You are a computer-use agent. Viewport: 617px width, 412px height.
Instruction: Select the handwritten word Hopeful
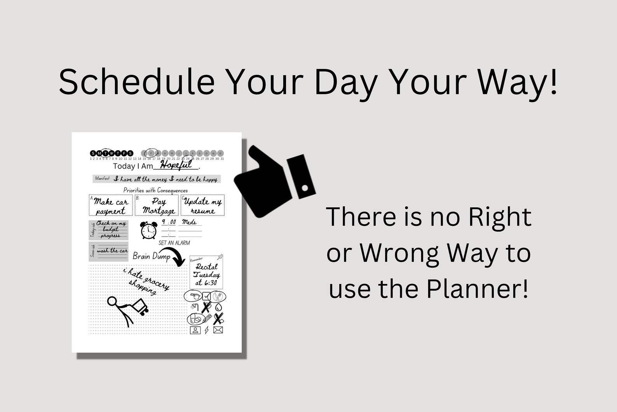coord(176,165)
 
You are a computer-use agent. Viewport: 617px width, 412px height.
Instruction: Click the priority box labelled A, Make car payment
coord(111,205)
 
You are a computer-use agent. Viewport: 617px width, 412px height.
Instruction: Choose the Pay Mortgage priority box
coord(157,205)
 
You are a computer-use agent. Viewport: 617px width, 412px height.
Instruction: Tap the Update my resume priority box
coord(202,205)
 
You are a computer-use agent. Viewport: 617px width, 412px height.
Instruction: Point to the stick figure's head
coord(112,301)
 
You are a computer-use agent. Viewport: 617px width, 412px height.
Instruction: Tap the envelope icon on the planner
coord(218,330)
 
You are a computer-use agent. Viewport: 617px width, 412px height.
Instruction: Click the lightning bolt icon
coord(207,330)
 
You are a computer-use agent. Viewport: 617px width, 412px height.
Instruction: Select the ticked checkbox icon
coord(206,296)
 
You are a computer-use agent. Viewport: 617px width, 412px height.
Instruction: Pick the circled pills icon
coord(195,319)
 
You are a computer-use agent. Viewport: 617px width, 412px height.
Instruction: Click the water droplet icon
coord(219,307)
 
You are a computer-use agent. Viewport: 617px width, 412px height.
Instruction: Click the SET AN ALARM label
coord(174,243)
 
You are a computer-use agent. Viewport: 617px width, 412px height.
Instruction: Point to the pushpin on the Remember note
coord(221,257)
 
